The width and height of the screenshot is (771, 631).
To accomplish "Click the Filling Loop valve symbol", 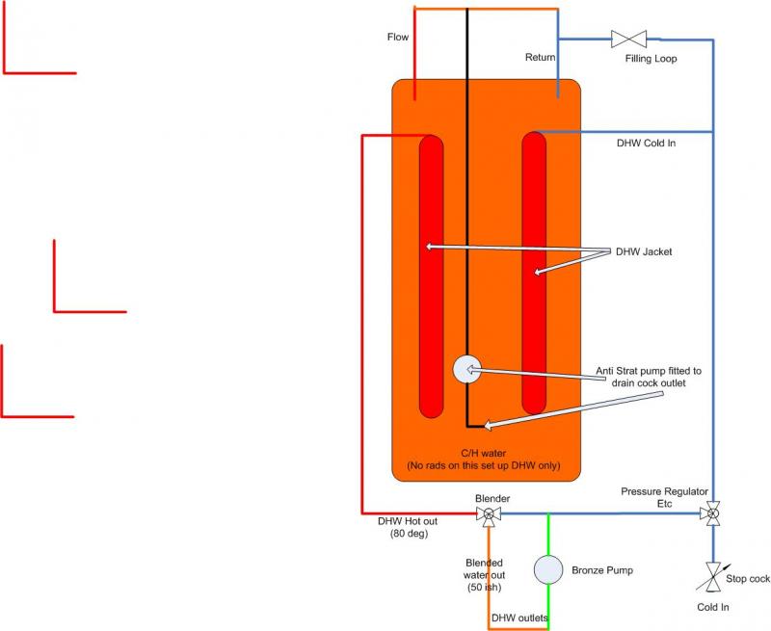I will click(x=629, y=39).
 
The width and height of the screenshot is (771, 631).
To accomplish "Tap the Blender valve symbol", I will click(x=489, y=514).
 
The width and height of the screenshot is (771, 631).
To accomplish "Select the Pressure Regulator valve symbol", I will click(x=713, y=513).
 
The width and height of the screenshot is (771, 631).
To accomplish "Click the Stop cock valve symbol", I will click(x=713, y=577).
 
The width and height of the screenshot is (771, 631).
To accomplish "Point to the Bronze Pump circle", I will click(x=548, y=568).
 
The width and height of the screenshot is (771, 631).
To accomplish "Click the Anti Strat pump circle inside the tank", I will click(x=466, y=369).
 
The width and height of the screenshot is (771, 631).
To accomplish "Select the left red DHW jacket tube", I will click(x=432, y=276).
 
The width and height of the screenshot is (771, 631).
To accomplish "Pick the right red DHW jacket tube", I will click(x=534, y=274).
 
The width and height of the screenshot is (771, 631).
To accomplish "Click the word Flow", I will click(x=398, y=38).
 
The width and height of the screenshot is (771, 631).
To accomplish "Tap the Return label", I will click(x=540, y=58).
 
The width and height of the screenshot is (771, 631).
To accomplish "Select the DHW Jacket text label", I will click(x=646, y=252).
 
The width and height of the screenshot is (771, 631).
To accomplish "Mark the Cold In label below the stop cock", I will click(x=713, y=608).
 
